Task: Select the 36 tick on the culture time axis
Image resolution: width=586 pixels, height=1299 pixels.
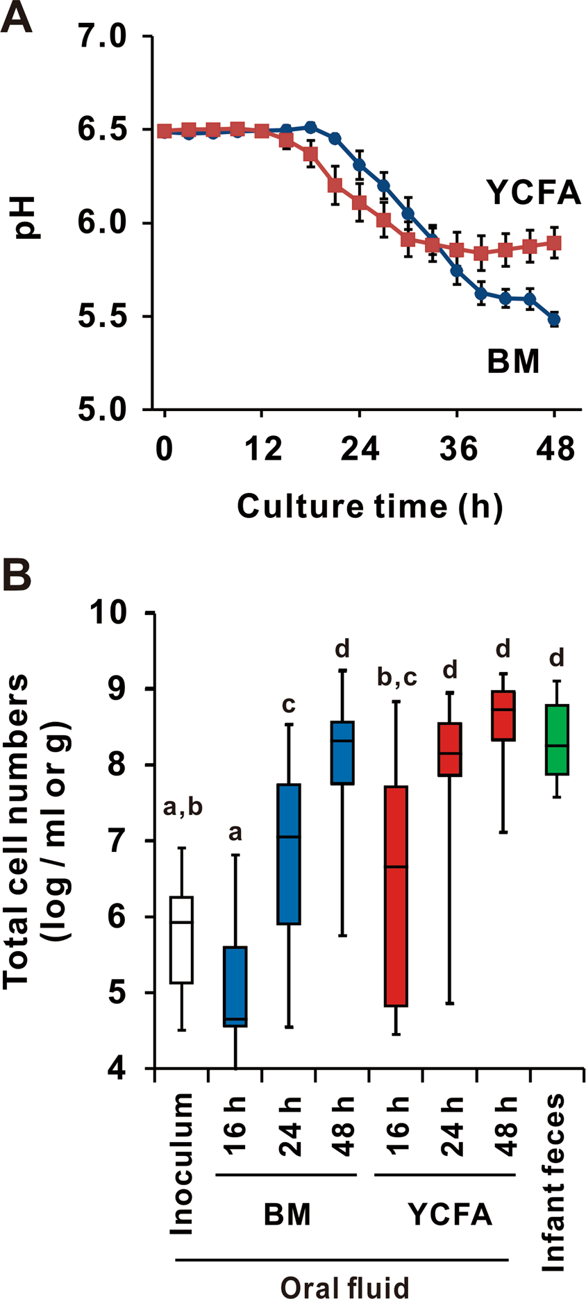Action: point(458,449)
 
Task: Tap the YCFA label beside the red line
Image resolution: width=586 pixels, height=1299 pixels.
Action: point(533,192)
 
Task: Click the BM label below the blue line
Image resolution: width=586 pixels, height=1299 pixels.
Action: point(513,362)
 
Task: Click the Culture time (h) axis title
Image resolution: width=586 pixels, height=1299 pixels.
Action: point(369,506)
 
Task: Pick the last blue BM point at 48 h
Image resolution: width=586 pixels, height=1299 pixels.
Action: point(554,320)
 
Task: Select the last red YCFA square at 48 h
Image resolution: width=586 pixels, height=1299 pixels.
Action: point(554,243)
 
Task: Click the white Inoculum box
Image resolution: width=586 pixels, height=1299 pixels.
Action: point(181,939)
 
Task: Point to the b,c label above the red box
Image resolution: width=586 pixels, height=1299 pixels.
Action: point(396,678)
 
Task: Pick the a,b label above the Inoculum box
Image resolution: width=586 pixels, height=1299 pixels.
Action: point(183,807)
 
